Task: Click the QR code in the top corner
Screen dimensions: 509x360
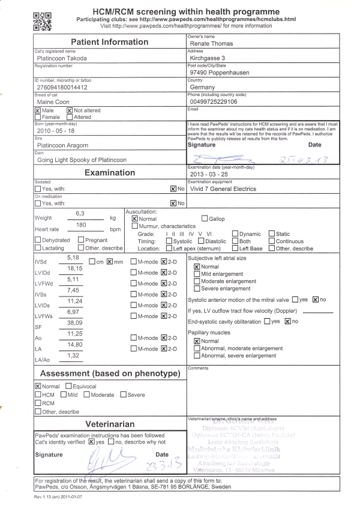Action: pyautogui.click(x=43, y=20)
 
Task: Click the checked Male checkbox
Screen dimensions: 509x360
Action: pyautogui.click(x=38, y=110)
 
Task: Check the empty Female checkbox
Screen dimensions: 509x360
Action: pyautogui.click(x=38, y=118)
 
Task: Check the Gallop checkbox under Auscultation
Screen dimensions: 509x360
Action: pyautogui.click(x=205, y=219)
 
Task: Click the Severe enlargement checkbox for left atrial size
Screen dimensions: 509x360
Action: pyautogui.click(x=197, y=289)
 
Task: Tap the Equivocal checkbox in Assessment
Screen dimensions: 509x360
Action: pyautogui.click(x=68, y=386)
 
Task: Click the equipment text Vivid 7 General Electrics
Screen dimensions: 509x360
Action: pyautogui.click(x=223, y=188)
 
